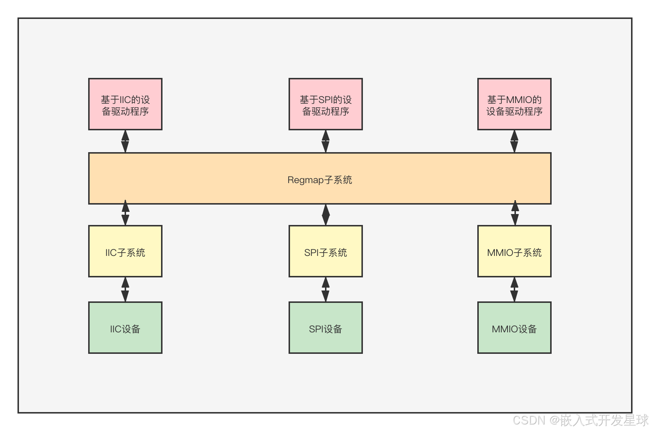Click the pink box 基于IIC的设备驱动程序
tap(125, 104)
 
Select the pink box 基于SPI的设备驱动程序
tap(326, 104)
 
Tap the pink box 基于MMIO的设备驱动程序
tap(514, 104)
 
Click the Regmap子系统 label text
tap(320, 180)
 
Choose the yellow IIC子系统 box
tap(125, 251)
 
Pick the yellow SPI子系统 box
tap(326, 251)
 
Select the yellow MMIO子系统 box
tap(514, 251)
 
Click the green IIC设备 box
tap(125, 328)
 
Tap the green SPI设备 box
tap(326, 328)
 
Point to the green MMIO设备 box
tap(514, 328)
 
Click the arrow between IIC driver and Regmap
tap(125, 141)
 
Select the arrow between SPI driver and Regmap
tap(325, 141)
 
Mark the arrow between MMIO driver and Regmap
tap(514, 141)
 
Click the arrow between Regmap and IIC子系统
tap(125, 214)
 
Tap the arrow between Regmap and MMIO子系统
tap(515, 214)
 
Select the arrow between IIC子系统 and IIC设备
tap(125, 289)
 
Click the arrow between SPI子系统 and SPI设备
tap(325, 289)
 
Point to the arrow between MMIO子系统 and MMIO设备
tap(514, 289)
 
